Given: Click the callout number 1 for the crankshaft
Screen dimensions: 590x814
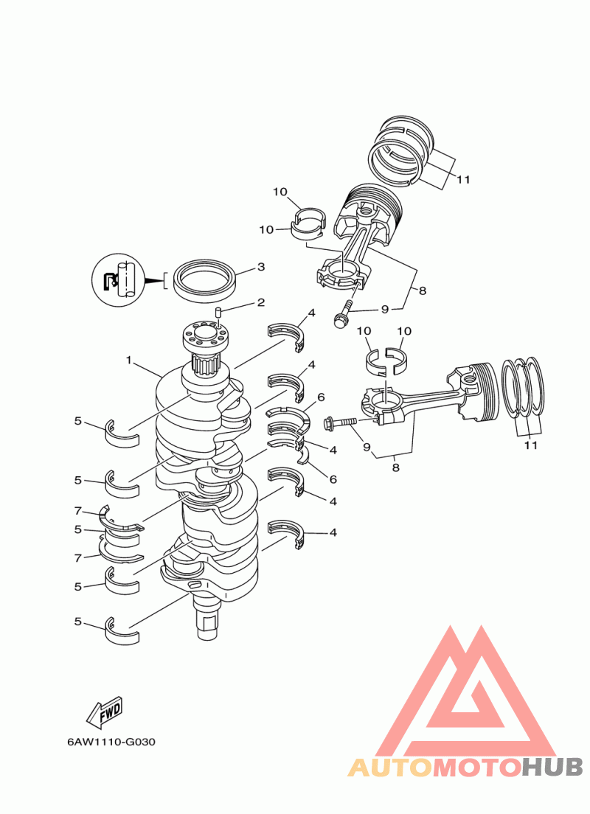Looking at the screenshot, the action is [x=129, y=360].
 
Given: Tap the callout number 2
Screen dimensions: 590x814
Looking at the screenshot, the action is [x=261, y=302].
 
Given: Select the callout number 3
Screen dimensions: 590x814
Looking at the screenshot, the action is [x=261, y=266].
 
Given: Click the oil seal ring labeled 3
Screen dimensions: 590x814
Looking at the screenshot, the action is [x=206, y=280].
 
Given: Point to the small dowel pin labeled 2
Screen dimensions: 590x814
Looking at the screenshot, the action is [x=219, y=313].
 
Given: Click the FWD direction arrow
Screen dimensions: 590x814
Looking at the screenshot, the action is [x=105, y=712].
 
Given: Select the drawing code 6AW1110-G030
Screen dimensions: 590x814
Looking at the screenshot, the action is [x=111, y=742].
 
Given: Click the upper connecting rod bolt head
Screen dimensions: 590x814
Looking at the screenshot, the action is [x=340, y=322].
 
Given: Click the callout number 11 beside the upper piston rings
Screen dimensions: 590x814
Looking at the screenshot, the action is [x=463, y=180].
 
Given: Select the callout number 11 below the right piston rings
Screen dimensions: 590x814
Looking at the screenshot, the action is [x=530, y=445].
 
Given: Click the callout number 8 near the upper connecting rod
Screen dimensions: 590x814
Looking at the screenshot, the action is [x=423, y=291].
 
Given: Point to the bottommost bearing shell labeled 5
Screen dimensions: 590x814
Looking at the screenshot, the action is [x=122, y=632].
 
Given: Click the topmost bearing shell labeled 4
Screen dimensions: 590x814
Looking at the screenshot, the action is [x=285, y=334].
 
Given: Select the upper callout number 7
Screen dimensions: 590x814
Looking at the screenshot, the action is [x=78, y=512].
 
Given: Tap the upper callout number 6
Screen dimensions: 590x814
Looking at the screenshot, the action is [x=321, y=397].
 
